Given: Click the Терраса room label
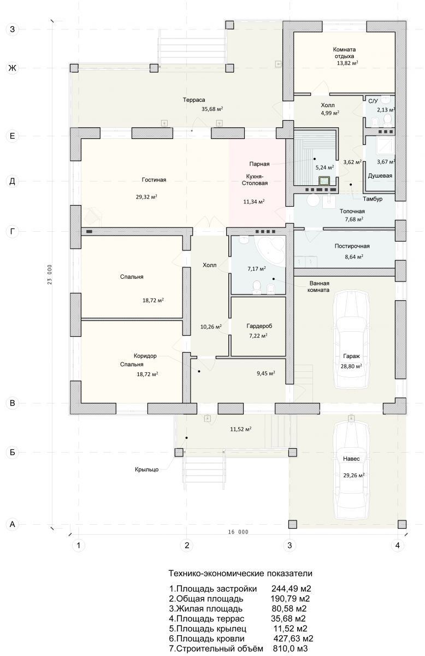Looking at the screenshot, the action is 194,99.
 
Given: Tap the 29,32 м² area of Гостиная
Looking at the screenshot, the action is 146,197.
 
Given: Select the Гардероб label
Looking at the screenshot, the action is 259,326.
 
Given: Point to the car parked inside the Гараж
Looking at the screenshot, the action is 352,339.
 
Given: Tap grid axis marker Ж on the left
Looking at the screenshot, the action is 13,68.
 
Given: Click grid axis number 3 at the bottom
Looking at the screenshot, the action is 290,546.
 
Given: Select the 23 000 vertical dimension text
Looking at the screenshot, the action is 50,274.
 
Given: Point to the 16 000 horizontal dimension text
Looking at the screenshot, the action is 238,532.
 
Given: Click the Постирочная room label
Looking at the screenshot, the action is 352,246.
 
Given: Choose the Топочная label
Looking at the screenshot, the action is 352,211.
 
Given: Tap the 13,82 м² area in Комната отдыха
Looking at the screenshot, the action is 347,63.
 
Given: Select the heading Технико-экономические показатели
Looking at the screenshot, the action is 240,573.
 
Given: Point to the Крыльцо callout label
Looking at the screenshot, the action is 146,470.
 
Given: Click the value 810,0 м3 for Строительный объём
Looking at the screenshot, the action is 291,648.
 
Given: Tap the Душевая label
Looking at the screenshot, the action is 380,175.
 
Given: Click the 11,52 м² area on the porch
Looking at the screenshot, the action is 240,429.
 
